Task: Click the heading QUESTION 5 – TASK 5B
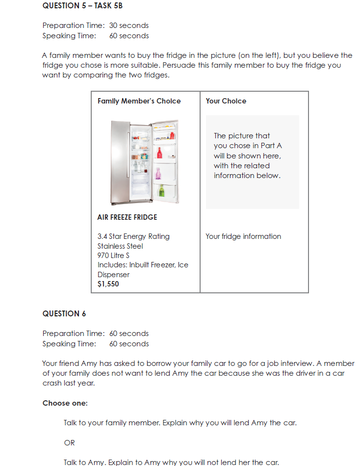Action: (x=82, y=6)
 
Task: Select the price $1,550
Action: (x=108, y=284)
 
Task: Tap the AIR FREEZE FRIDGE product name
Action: (x=127, y=217)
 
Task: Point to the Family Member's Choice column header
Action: (x=139, y=101)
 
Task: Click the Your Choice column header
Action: (x=226, y=101)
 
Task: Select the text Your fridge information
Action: (x=243, y=236)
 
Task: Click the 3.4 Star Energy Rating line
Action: (x=133, y=236)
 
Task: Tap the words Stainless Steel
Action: (x=120, y=246)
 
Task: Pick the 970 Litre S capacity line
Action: (x=113, y=256)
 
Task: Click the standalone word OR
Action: (x=70, y=443)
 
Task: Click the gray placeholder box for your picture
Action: (x=252, y=162)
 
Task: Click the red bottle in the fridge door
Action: (x=159, y=153)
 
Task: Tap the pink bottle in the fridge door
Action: (x=158, y=173)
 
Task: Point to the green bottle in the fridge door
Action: (x=161, y=190)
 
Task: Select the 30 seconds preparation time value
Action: (x=129, y=26)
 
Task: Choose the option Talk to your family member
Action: (x=180, y=422)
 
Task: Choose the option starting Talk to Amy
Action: (x=171, y=462)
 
